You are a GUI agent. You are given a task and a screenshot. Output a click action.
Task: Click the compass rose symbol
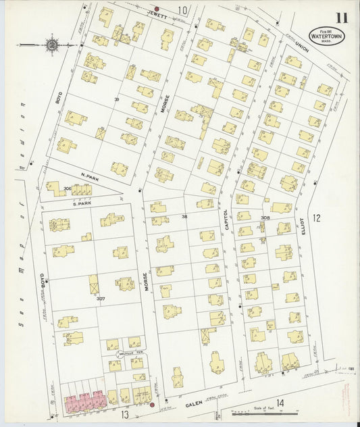point(52,45)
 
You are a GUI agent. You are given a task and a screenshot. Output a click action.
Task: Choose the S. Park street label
point(81,202)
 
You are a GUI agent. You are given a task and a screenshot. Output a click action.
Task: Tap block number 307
point(101,298)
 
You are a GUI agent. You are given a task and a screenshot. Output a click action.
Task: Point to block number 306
point(67,189)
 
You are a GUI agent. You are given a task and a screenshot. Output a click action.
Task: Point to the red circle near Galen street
point(152,405)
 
